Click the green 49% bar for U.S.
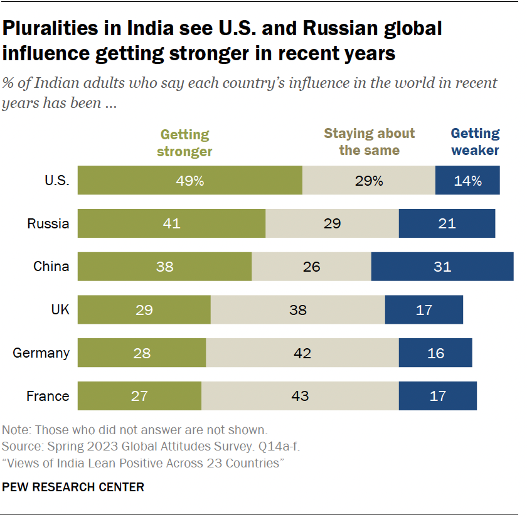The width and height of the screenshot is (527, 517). tap(189, 181)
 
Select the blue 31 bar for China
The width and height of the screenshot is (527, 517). tap(442, 267)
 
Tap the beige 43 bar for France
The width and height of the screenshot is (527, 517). tap(300, 396)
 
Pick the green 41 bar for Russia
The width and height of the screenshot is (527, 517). tap(171, 223)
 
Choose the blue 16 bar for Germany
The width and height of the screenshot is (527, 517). tap(435, 353)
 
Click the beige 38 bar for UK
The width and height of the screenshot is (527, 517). tap(297, 310)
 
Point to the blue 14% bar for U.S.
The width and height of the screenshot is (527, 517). tap(467, 181)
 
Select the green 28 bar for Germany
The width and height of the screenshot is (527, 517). tap(142, 353)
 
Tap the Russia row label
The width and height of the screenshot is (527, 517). tap(48, 223)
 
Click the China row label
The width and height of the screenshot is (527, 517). tap(51, 267)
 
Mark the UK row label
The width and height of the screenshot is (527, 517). tap(61, 310)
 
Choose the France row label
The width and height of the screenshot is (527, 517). tap(48, 396)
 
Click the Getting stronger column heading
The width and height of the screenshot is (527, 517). tap(184, 142)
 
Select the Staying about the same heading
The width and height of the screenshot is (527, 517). tap(369, 142)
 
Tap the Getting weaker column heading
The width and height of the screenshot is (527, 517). tap(475, 142)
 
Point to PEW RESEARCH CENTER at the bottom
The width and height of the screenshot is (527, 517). tap(73, 487)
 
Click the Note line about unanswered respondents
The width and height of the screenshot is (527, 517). tap(135, 430)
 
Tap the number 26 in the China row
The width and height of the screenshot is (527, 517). tap(311, 267)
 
